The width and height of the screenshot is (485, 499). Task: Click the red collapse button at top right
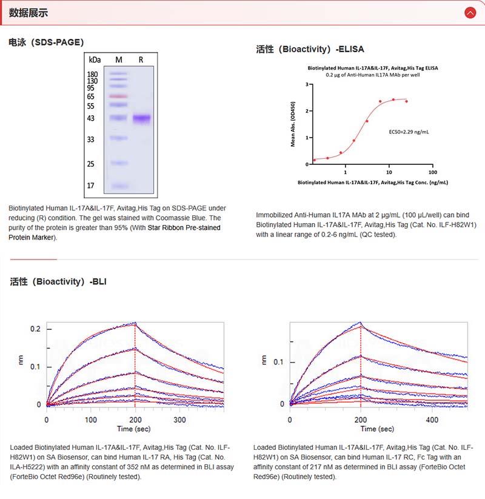[x=470, y=12]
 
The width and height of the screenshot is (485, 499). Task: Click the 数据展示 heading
[x=28, y=13]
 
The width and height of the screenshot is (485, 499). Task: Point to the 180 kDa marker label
[x=93, y=74]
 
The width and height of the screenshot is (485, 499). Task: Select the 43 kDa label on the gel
[x=91, y=118]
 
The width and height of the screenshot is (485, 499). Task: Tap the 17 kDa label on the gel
[x=91, y=186]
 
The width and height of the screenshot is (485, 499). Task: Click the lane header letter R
[x=141, y=59]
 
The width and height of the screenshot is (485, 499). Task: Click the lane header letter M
[x=119, y=59]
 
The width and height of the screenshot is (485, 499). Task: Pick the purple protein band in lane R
[x=141, y=118]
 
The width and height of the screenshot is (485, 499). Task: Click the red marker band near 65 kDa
[x=119, y=96]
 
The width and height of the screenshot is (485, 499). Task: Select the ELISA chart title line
[x=373, y=69]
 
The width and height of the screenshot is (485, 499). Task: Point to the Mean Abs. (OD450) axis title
[x=293, y=124]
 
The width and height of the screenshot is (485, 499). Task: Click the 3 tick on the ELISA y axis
[x=307, y=84]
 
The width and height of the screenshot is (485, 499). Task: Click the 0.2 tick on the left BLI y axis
[x=36, y=329]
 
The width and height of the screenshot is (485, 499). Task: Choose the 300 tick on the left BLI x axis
[x=179, y=420]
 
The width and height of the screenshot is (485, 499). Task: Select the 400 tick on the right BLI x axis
[x=432, y=420]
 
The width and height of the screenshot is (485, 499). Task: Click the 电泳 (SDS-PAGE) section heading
[x=46, y=42]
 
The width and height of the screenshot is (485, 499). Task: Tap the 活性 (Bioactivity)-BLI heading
[x=58, y=281]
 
